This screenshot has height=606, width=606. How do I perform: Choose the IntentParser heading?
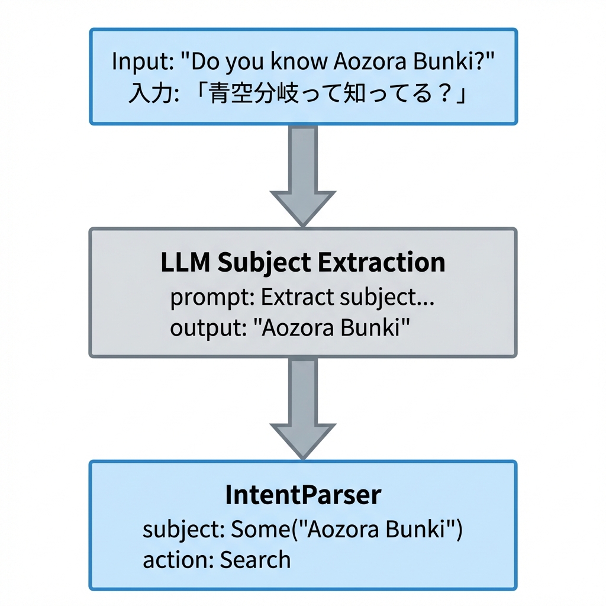tap(302, 495)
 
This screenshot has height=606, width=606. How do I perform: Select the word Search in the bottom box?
tap(256, 559)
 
